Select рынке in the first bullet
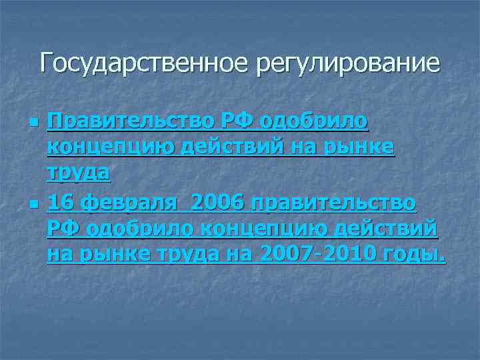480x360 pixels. point(364,147)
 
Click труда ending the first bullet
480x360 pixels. point(78,173)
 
